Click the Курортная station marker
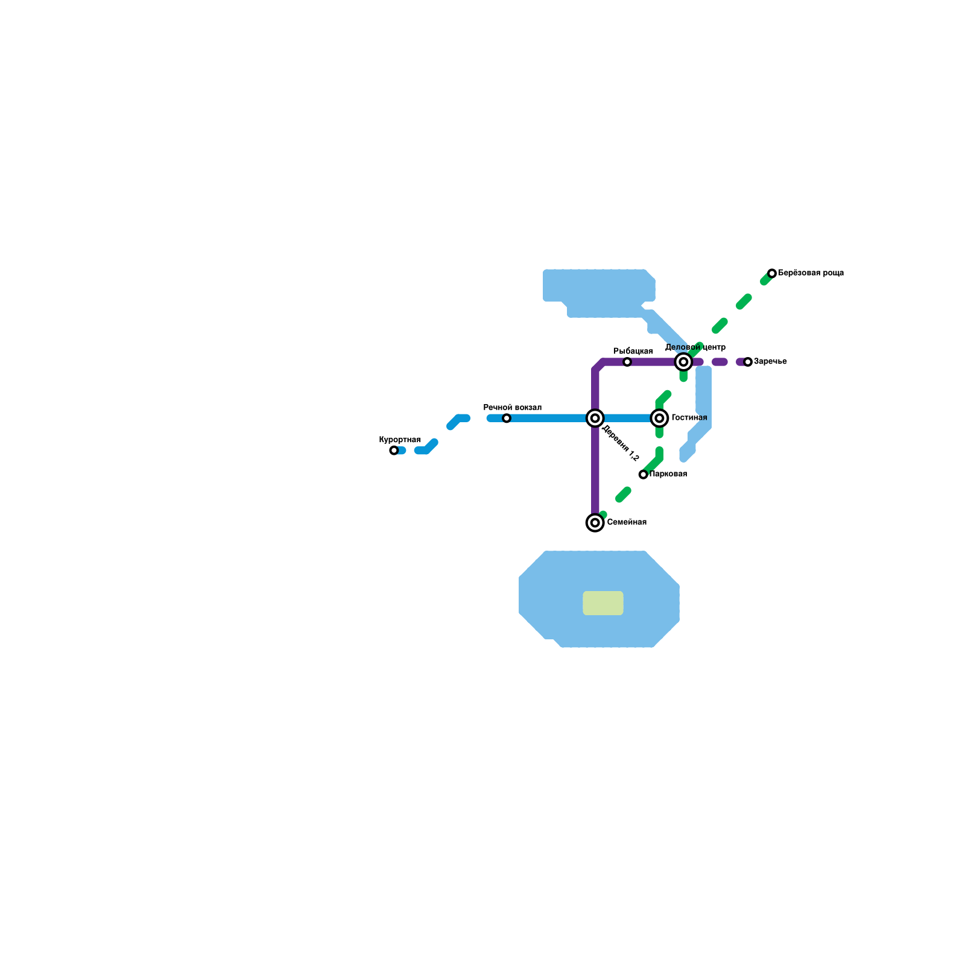coord(394,451)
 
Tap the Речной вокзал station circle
coord(507,419)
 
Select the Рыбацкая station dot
coord(627,362)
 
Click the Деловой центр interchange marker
coord(683,362)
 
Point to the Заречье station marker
coord(748,362)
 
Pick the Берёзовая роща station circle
coord(772,274)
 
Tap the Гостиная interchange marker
coord(659,418)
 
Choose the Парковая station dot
coord(644,475)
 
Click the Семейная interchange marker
coord(595,523)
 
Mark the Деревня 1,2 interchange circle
coord(595,418)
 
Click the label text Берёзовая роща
coord(811,273)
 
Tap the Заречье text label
coord(770,362)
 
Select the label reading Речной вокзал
coord(513,408)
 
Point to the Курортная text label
coord(400,440)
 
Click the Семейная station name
coord(627,522)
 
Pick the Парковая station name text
coord(668,474)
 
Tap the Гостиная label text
coord(689,418)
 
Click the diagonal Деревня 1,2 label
coord(621,444)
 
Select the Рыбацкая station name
coord(633,352)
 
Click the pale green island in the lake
coord(603,603)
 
